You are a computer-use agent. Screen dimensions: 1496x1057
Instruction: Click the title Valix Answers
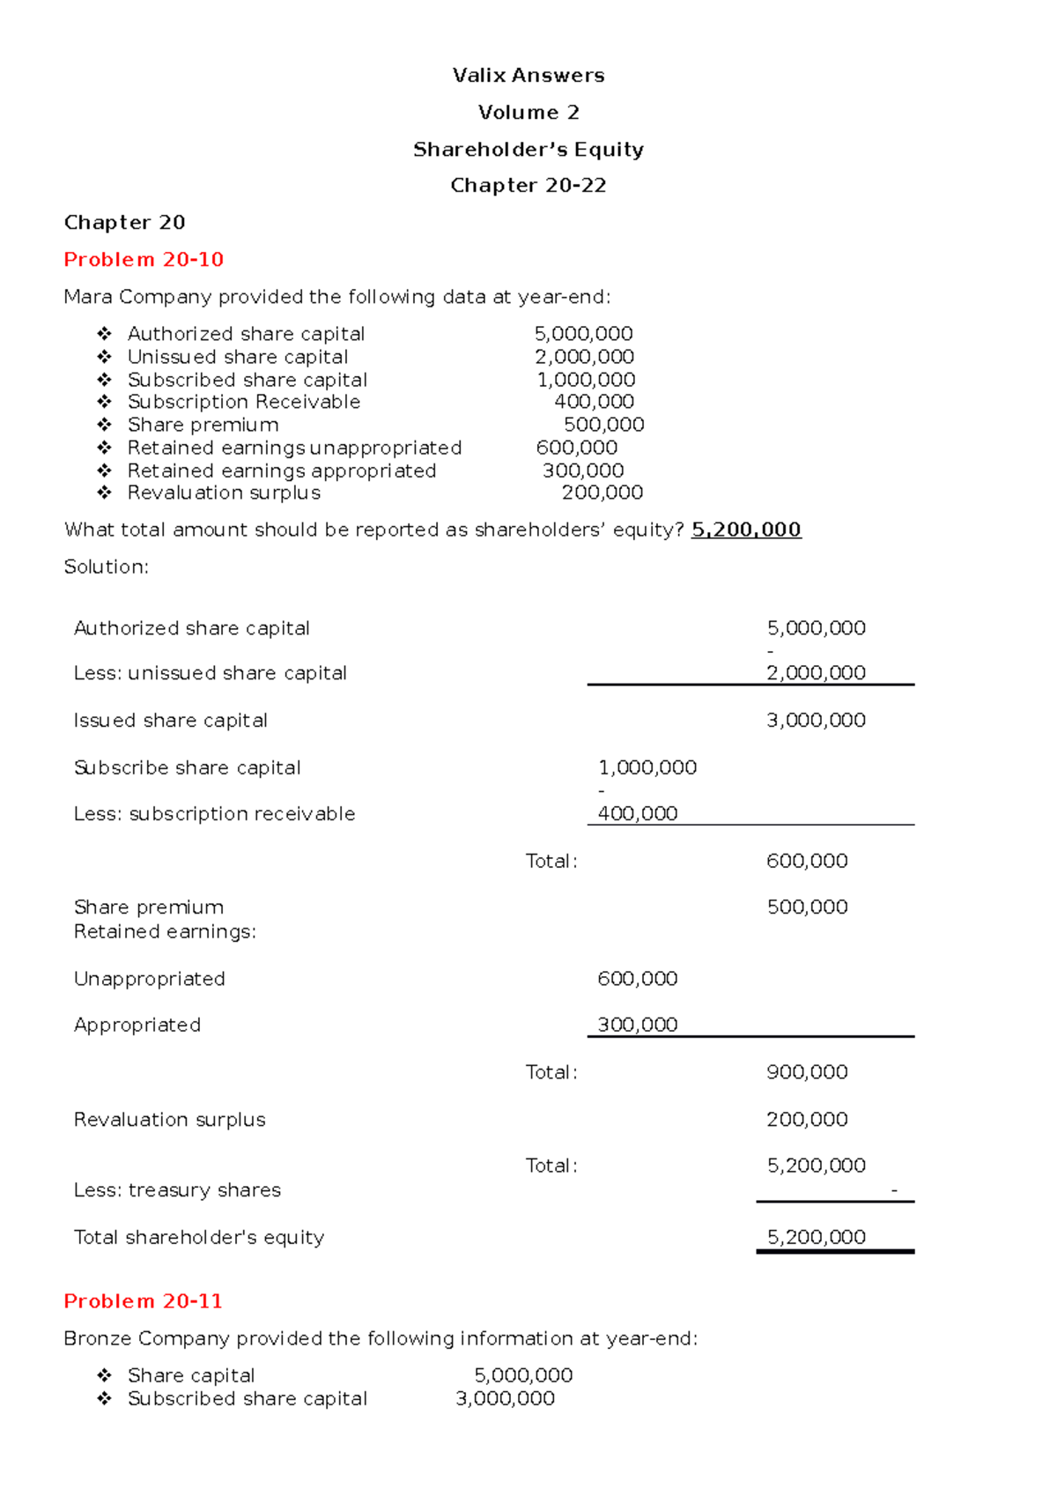(528, 76)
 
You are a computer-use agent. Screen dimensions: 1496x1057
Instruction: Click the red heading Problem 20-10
(144, 260)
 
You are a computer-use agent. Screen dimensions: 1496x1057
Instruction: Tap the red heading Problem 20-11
(143, 1301)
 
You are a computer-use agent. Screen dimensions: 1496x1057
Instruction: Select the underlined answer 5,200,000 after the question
(746, 530)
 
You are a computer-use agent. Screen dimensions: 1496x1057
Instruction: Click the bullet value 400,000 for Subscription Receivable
(594, 402)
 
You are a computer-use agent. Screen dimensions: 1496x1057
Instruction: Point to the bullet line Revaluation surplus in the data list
(224, 492)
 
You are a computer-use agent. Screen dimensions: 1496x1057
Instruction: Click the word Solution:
(106, 567)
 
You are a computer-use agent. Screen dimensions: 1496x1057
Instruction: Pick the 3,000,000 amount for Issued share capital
(816, 720)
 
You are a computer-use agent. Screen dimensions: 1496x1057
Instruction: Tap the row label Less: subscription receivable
(214, 813)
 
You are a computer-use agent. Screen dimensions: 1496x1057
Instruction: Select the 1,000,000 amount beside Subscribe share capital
(647, 767)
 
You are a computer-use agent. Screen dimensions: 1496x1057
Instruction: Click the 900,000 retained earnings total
(807, 1072)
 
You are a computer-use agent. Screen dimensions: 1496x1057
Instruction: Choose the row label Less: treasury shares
(177, 1190)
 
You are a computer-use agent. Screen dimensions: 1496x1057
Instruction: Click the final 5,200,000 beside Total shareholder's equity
(816, 1237)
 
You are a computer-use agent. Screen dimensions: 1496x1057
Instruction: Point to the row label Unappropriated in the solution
(149, 979)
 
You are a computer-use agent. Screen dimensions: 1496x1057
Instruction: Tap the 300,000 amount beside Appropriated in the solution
(637, 1025)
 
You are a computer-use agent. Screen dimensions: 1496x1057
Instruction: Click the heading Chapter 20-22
(528, 186)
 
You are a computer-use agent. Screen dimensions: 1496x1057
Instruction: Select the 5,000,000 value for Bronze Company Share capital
(523, 1375)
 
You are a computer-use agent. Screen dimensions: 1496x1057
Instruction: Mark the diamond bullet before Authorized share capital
(104, 334)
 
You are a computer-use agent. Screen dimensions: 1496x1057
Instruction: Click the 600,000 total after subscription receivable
(807, 861)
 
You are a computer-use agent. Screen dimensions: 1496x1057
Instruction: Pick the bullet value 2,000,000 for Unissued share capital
(584, 357)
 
